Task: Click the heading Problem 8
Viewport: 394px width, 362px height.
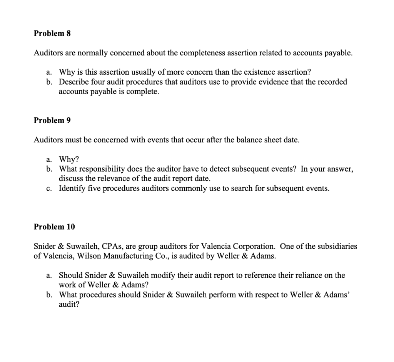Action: (x=52, y=33)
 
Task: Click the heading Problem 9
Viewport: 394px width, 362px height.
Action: (x=52, y=120)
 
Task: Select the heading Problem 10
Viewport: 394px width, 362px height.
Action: (x=54, y=227)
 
